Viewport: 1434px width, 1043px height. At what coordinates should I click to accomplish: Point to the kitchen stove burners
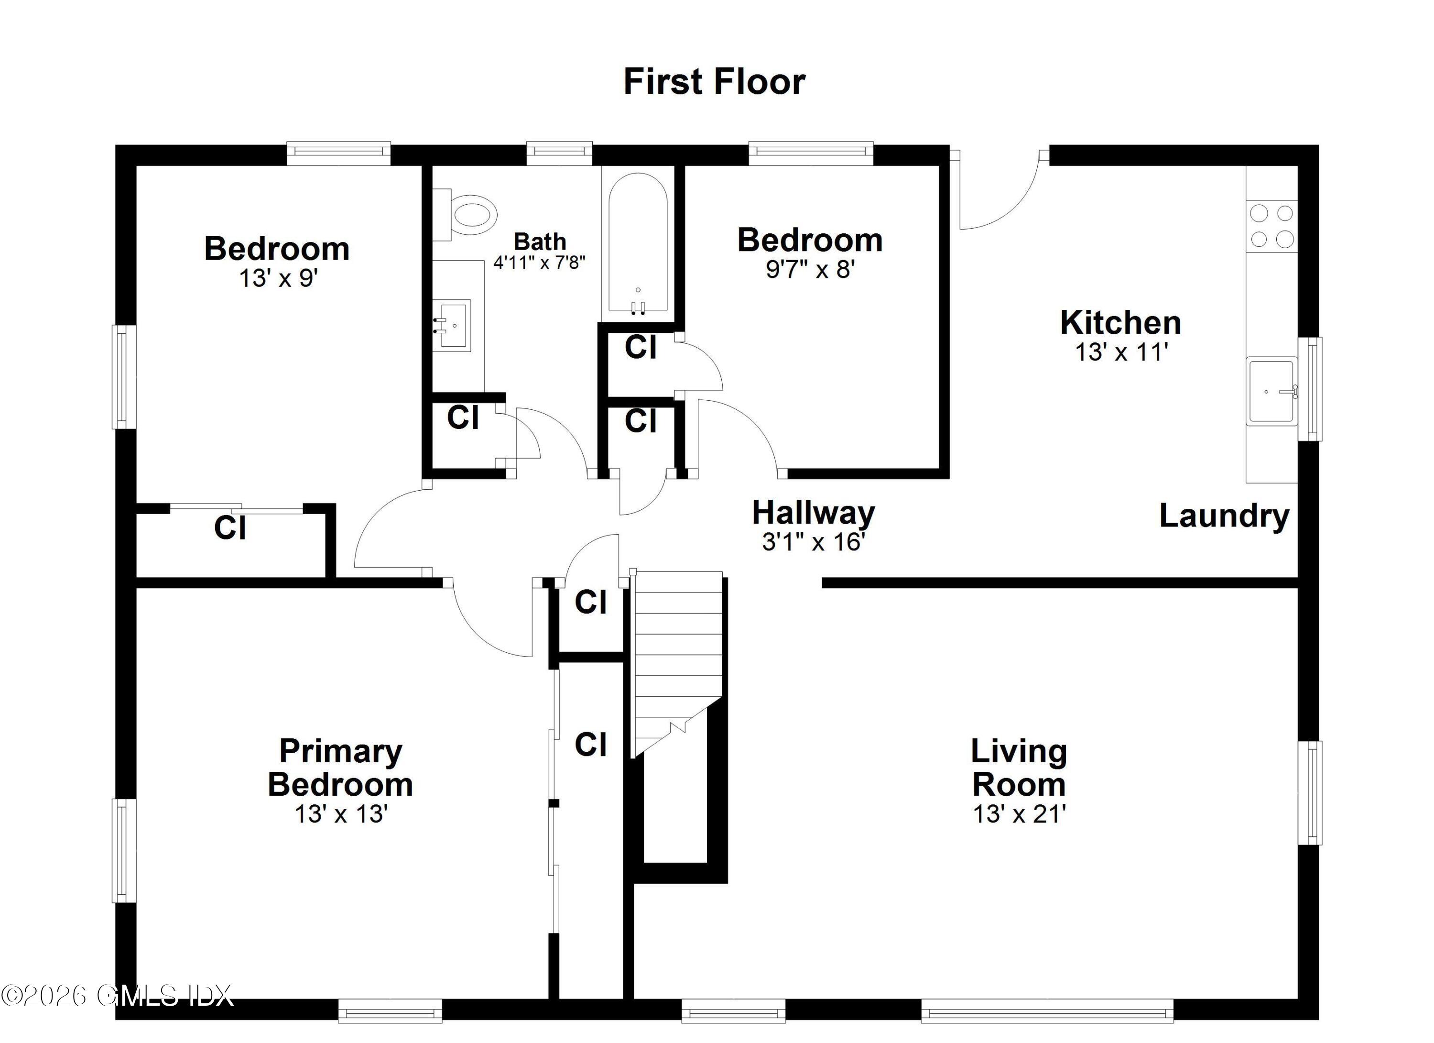click(x=1271, y=226)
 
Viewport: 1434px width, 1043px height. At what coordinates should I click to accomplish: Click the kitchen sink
click(x=1271, y=391)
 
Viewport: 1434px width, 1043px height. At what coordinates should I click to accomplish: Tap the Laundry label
click(x=1224, y=516)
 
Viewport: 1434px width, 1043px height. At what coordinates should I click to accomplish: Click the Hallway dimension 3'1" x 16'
click(x=813, y=542)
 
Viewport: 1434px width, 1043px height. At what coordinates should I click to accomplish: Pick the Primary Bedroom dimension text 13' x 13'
click(x=341, y=814)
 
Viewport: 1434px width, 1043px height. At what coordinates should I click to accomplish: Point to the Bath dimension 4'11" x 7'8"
click(x=539, y=262)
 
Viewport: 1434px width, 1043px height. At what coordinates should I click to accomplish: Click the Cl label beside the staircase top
click(x=590, y=602)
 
